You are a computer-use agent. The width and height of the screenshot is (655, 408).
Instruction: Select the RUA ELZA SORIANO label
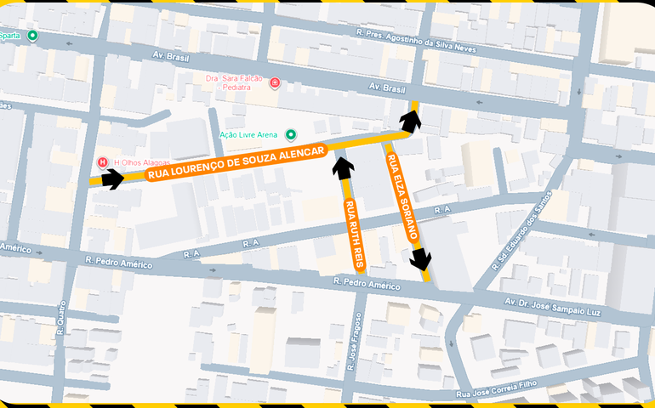click(x=402, y=194)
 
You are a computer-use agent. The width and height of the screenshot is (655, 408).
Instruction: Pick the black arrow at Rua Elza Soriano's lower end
click(x=421, y=259)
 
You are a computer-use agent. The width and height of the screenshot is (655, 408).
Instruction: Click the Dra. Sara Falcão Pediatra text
click(x=234, y=82)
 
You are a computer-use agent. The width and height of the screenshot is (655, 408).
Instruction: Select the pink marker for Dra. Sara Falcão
click(x=275, y=82)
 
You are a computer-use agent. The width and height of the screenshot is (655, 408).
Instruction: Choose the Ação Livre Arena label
click(x=248, y=135)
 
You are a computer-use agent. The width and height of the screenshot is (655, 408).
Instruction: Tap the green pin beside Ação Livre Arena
click(x=291, y=134)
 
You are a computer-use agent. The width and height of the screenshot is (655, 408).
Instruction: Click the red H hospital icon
click(x=102, y=161)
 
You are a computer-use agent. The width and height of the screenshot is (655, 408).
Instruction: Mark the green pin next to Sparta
click(x=32, y=36)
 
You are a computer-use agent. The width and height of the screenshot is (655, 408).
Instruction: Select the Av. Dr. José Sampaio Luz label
click(x=553, y=306)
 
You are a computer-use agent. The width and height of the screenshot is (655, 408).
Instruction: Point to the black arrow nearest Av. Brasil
click(x=412, y=120)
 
